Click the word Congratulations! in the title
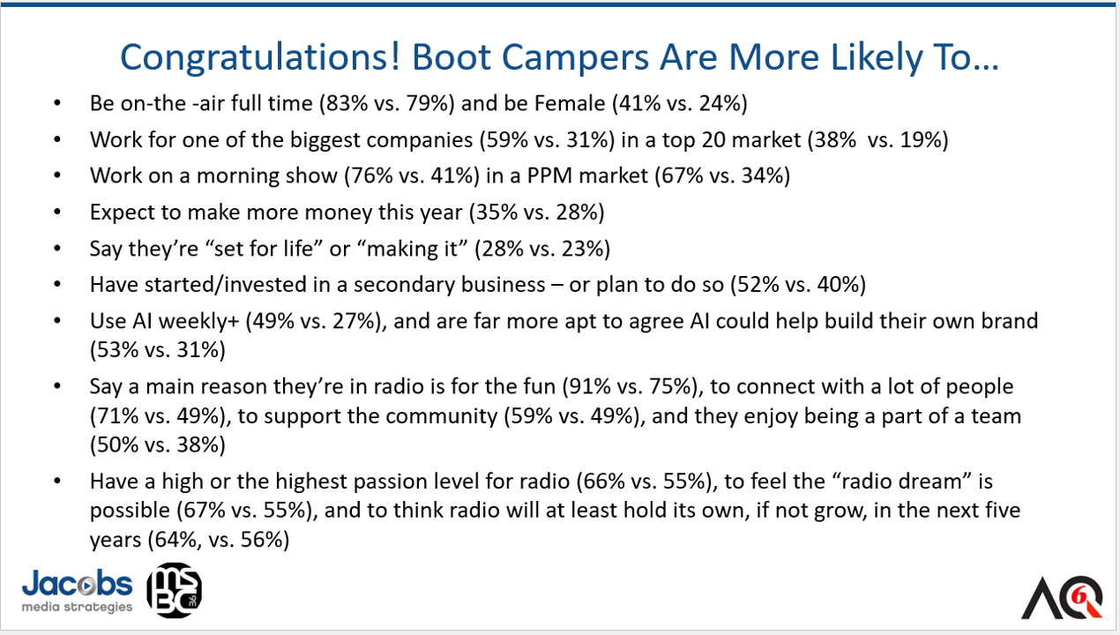click(x=260, y=58)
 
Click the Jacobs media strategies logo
click(x=77, y=591)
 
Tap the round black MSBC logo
click(x=174, y=590)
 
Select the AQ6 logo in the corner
click(x=1062, y=597)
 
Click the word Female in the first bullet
click(x=570, y=103)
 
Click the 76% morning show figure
click(x=370, y=176)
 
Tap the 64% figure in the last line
click(x=176, y=540)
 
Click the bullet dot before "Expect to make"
click(x=57, y=212)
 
